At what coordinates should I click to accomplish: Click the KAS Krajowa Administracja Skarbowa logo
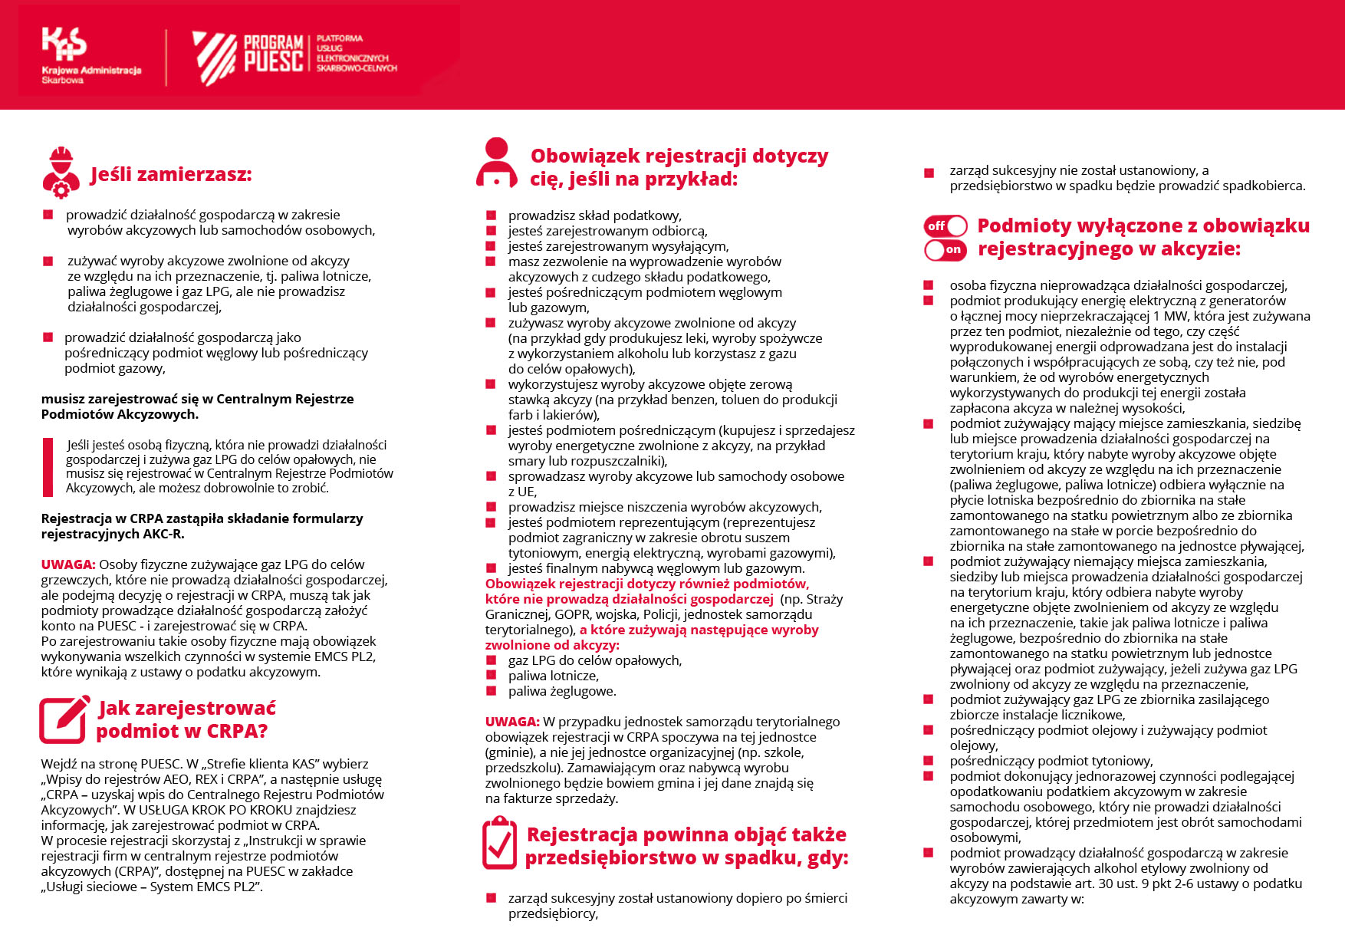pos(90,55)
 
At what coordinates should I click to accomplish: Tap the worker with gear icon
pos(61,173)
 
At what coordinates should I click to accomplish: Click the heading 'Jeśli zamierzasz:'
pos(171,175)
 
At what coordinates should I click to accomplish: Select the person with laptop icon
pos(496,163)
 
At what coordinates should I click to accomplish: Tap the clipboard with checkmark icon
pos(499,843)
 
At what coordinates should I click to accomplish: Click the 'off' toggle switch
pos(945,226)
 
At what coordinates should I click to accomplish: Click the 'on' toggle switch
pos(945,249)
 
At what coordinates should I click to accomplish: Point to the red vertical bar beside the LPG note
pos(48,466)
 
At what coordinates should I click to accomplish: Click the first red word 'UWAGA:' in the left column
pos(68,564)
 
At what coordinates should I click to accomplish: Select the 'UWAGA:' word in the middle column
pos(512,722)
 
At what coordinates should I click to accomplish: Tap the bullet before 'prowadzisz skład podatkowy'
pos(491,216)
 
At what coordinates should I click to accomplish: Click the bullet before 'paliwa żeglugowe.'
pos(491,692)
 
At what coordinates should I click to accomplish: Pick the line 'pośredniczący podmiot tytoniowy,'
pos(1051,761)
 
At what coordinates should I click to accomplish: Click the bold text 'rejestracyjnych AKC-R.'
pos(113,534)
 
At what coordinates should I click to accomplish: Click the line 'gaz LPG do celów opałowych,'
pos(594,660)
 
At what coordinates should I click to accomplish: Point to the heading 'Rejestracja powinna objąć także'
pos(686,835)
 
